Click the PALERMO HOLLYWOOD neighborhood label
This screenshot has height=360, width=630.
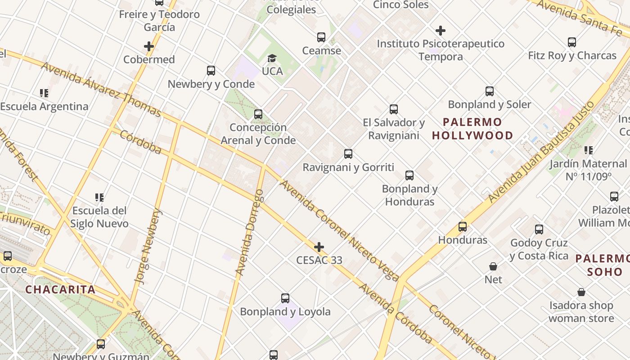point(472,129)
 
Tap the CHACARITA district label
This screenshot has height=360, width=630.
point(60,289)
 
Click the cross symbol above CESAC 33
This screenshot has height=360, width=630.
point(319,247)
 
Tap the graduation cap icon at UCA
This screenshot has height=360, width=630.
point(272,58)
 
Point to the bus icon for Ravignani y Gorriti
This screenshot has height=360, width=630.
point(348,154)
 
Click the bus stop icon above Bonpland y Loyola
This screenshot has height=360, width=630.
point(285,298)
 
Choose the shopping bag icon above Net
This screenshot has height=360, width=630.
point(493,266)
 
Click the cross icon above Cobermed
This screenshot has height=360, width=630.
point(149,46)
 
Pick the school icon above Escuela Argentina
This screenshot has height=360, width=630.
point(44,93)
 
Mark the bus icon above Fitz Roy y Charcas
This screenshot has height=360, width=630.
point(572,42)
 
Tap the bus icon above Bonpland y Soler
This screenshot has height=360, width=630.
point(490,91)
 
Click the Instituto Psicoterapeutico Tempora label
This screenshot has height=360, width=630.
point(441,50)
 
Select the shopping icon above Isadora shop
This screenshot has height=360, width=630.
point(581,292)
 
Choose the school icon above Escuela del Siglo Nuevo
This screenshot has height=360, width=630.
point(100,197)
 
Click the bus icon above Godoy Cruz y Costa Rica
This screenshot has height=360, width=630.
point(539,229)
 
